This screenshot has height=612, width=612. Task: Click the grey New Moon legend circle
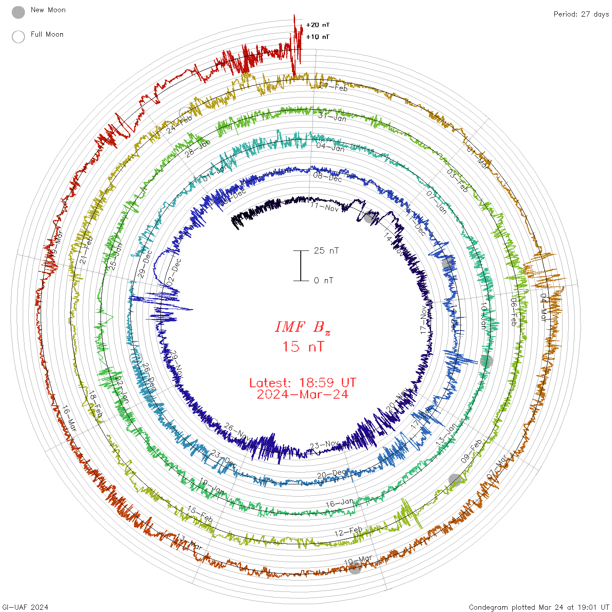[18, 12]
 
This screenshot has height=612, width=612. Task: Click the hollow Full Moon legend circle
[18, 37]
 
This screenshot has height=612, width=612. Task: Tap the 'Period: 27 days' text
[581, 14]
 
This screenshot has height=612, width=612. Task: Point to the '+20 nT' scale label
[318, 25]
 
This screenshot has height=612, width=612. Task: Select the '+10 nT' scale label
[318, 37]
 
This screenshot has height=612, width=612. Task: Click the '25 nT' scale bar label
[326, 251]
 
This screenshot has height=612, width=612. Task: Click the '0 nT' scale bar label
[323, 281]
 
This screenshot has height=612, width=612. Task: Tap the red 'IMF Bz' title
[303, 327]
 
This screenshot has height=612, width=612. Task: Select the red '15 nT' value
[303, 347]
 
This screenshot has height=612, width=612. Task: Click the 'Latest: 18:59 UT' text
[303, 383]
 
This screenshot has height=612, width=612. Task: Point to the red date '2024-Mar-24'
[303, 394]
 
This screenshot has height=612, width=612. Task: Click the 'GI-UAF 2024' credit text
[25, 607]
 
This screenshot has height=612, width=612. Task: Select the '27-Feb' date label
[333, 87]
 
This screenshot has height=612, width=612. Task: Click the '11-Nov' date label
[324, 206]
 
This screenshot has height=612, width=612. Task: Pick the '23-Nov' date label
[324, 445]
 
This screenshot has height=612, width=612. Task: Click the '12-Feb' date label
[348, 532]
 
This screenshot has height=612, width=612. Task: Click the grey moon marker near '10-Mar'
[355, 568]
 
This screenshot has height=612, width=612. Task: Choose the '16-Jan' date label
[340, 503]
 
